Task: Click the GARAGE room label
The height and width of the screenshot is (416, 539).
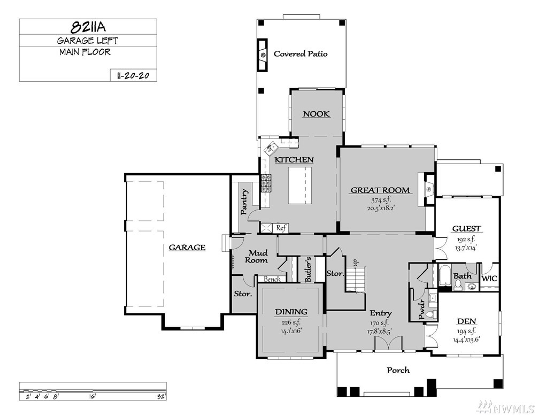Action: tap(187, 248)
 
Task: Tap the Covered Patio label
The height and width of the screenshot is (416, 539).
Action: tap(301, 53)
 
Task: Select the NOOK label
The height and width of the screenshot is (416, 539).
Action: tap(316, 114)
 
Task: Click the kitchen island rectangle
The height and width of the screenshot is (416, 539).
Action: tap(300, 186)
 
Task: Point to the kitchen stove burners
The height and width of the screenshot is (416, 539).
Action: tap(266, 183)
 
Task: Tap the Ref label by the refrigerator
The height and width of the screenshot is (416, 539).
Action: tap(281, 228)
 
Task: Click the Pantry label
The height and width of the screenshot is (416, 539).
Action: tap(244, 202)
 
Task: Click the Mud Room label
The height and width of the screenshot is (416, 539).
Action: tap(257, 257)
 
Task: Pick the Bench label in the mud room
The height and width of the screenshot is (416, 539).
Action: tap(272, 279)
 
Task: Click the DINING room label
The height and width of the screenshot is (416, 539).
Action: tap(291, 312)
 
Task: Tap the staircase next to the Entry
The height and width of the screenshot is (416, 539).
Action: tap(356, 279)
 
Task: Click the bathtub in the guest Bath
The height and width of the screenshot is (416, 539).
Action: tap(444, 275)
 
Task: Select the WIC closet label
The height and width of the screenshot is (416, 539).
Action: tap(489, 279)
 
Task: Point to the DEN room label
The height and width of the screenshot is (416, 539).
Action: tap(466, 321)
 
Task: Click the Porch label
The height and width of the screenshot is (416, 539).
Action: tap(398, 370)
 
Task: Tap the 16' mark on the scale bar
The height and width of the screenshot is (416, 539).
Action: tap(93, 397)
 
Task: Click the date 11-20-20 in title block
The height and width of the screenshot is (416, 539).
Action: tap(133, 75)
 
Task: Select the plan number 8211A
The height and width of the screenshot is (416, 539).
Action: tap(88, 27)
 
